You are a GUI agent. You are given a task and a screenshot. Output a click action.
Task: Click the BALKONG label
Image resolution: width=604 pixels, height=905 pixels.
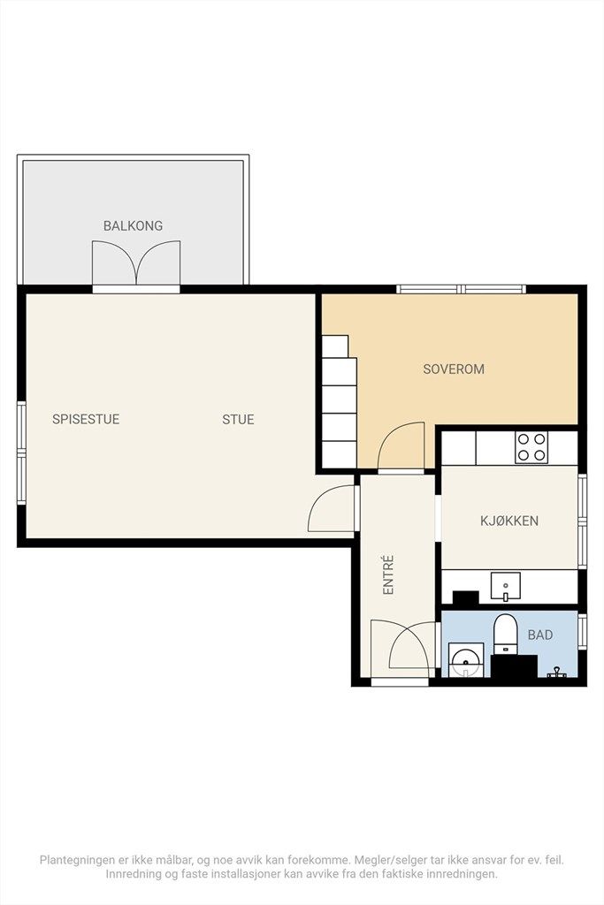coord(133,225)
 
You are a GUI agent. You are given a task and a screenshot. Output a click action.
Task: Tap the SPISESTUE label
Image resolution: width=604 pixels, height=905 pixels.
coord(86,419)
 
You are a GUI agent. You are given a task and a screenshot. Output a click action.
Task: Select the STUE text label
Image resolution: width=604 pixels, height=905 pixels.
coord(238,419)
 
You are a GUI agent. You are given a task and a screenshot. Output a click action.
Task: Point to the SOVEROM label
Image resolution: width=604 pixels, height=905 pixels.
coord(454,369)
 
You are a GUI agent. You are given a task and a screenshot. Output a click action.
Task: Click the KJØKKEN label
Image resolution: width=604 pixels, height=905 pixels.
coord(509,521)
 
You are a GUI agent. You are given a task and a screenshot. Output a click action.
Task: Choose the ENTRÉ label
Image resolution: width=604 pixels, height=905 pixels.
coord(388,574)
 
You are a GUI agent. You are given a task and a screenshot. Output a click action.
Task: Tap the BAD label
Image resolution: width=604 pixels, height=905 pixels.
coord(540,635)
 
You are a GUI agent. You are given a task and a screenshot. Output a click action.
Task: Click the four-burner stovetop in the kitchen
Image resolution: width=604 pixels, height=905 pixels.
coord(531,446)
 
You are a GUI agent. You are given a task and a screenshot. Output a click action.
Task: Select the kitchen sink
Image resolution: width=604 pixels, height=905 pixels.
coord(505,587)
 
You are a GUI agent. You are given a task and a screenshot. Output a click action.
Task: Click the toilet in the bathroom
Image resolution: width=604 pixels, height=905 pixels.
coord(505,634)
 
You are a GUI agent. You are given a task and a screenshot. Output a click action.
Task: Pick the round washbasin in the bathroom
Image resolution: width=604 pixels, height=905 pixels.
coord(465,659)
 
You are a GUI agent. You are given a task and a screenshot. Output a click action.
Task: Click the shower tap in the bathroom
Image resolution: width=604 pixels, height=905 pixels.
coord(556,672)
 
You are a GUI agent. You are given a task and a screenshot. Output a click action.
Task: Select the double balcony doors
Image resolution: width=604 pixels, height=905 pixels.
coord(136,262)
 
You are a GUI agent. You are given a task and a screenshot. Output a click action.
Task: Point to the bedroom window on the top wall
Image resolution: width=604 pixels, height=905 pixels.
coord(462,289)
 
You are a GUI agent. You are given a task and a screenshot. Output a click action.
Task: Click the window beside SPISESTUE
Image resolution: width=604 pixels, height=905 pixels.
coord(21,453)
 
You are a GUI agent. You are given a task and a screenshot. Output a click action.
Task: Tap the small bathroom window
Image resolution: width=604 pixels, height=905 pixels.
coord(582,631)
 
